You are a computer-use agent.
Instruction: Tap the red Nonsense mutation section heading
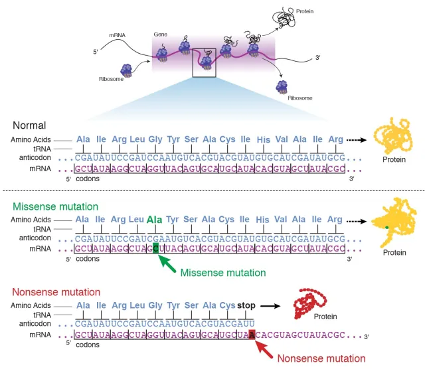click(x=55, y=291)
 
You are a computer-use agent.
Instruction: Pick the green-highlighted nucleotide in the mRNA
click(x=156, y=248)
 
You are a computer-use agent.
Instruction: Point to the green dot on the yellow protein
click(x=386, y=228)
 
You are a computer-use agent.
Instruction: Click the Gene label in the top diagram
click(x=160, y=34)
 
